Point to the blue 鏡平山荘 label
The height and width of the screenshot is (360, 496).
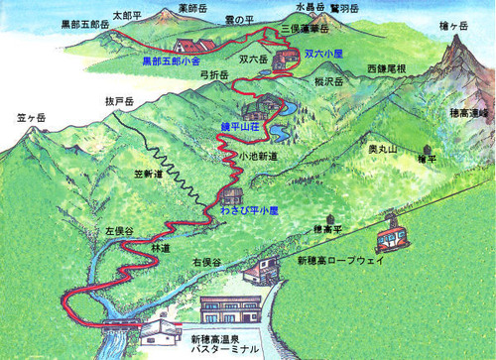[x=240, y=128]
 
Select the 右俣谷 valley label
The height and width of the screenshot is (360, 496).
[x=206, y=261]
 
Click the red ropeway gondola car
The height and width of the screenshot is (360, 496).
[x=391, y=239]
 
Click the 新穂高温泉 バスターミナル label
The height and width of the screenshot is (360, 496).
[x=222, y=346]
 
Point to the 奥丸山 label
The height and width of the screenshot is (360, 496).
[x=382, y=148]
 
